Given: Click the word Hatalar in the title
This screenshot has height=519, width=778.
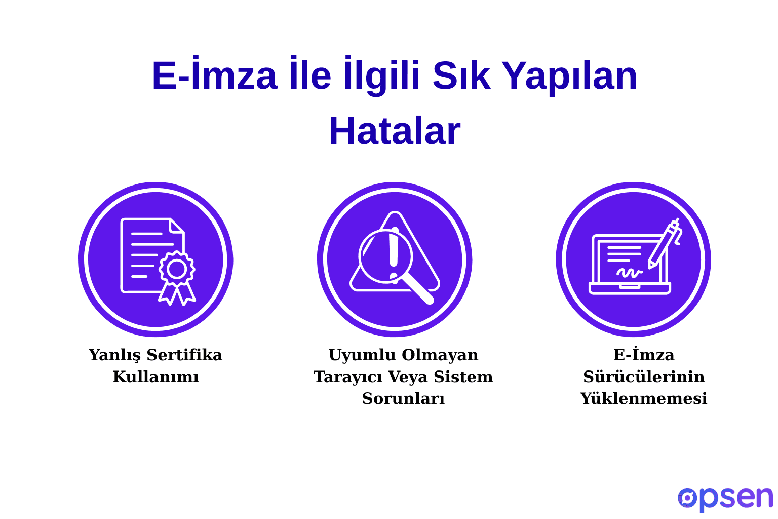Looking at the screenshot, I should (x=394, y=131).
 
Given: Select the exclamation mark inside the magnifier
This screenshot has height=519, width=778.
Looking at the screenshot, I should (x=394, y=253).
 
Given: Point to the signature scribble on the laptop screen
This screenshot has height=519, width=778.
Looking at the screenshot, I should (x=629, y=273).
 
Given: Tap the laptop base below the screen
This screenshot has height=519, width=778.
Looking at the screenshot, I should (x=630, y=289).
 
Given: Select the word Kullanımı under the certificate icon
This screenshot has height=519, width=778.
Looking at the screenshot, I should (x=155, y=377).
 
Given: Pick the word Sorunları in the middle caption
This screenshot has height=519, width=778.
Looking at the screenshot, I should (x=403, y=398).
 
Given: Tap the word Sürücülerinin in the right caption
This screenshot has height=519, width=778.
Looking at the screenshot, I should (x=643, y=377).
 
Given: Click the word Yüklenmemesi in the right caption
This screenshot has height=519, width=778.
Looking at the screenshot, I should (x=643, y=398).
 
